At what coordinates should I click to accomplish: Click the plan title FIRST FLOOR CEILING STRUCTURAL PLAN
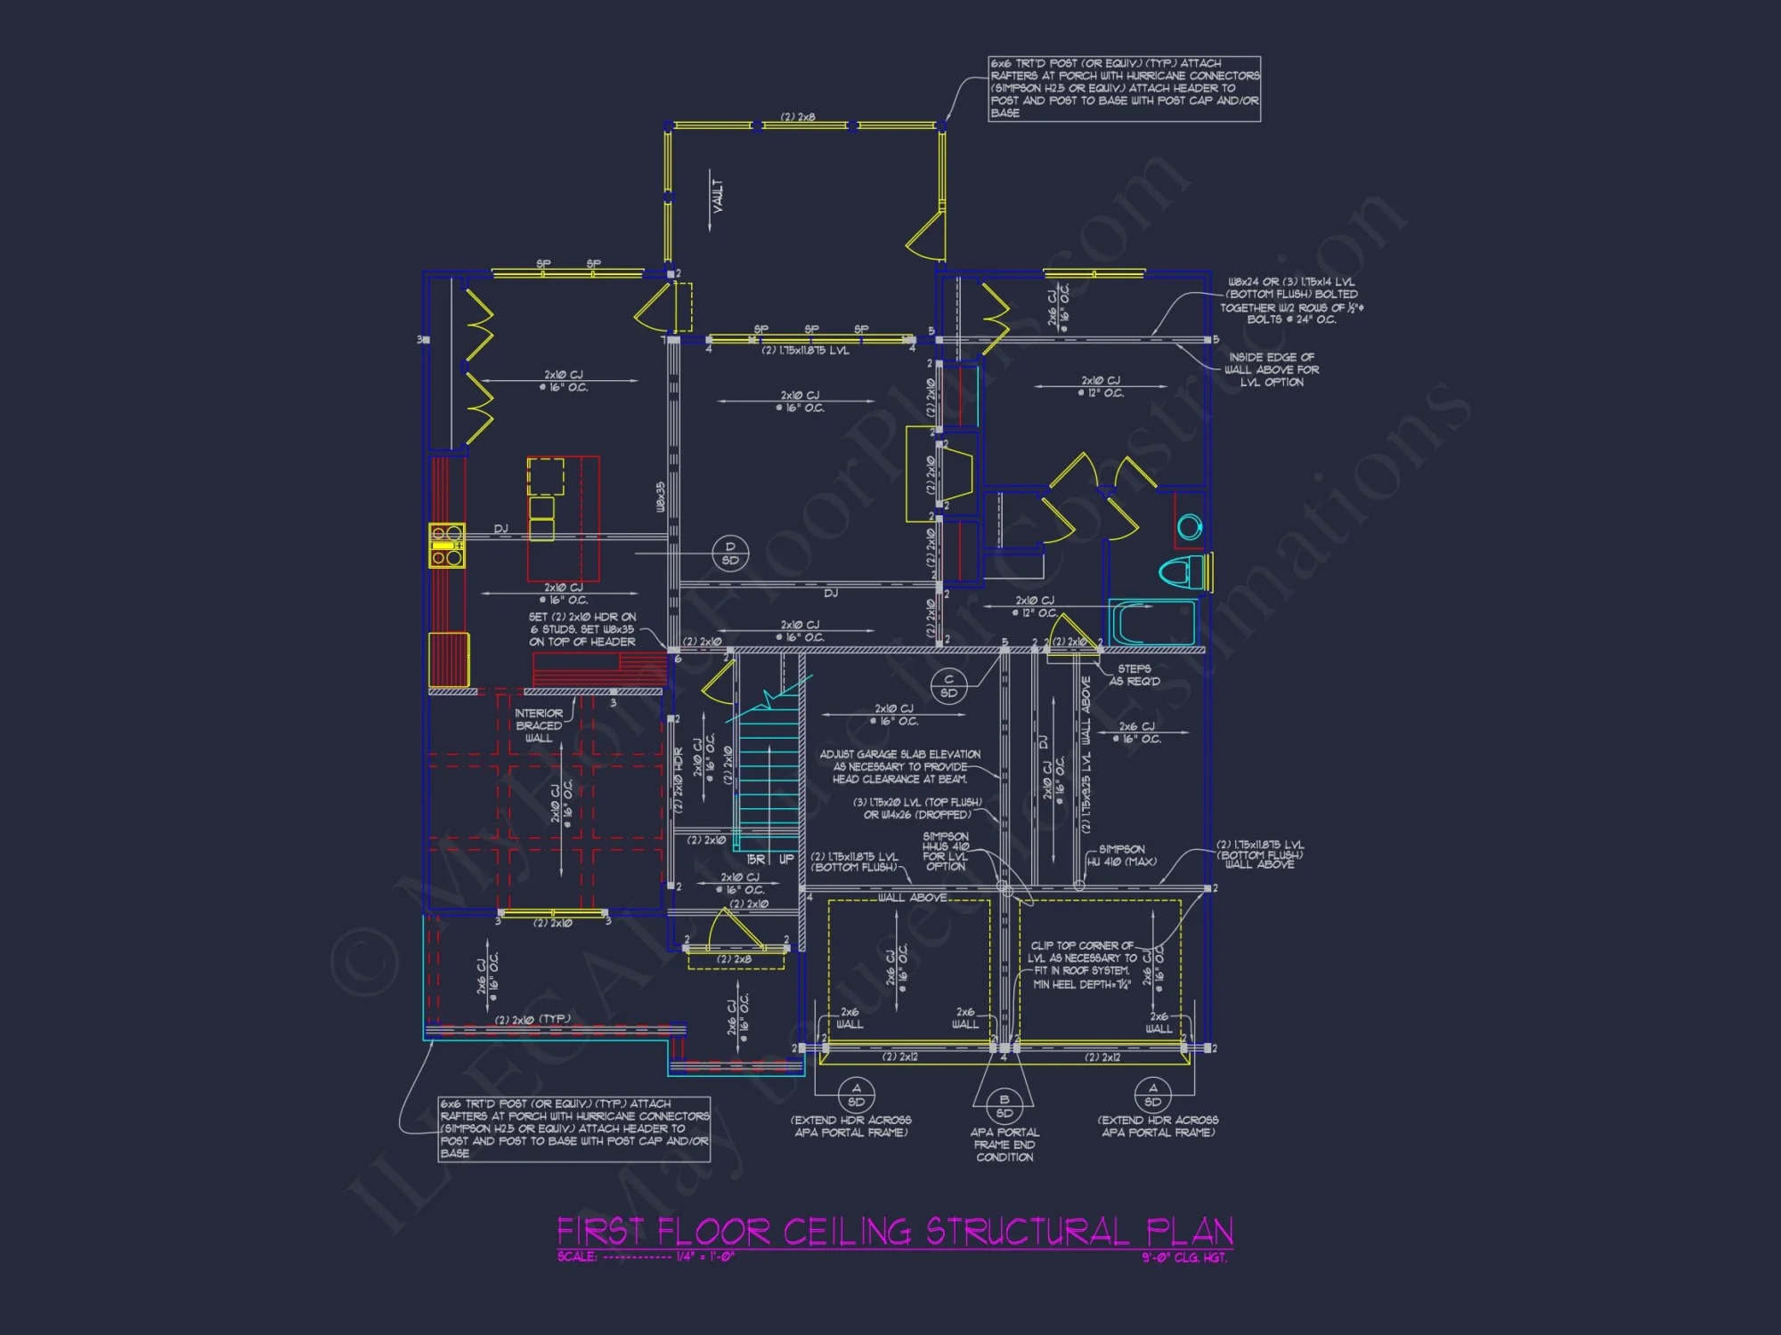[895, 1232]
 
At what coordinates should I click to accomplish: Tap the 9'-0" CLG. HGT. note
[1183, 1258]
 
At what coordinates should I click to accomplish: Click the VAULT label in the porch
[718, 197]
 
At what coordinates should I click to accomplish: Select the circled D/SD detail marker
[730, 554]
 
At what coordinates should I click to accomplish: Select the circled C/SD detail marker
[948, 686]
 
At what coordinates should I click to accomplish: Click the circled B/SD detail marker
[1004, 1106]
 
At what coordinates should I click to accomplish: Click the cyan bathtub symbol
[1152, 622]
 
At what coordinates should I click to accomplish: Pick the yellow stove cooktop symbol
[447, 546]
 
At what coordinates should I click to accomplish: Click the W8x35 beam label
[661, 497]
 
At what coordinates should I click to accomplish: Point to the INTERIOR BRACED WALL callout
[539, 725]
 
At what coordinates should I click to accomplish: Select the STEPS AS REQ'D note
[1134, 675]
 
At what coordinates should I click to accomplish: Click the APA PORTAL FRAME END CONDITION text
[1004, 1145]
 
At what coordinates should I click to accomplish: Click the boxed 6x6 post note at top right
[1124, 88]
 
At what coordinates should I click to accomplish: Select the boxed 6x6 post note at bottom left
[574, 1129]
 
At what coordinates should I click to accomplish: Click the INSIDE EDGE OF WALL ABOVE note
[1271, 369]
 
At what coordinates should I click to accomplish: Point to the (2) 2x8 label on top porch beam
[798, 117]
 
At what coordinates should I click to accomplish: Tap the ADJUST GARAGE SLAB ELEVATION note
[899, 766]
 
